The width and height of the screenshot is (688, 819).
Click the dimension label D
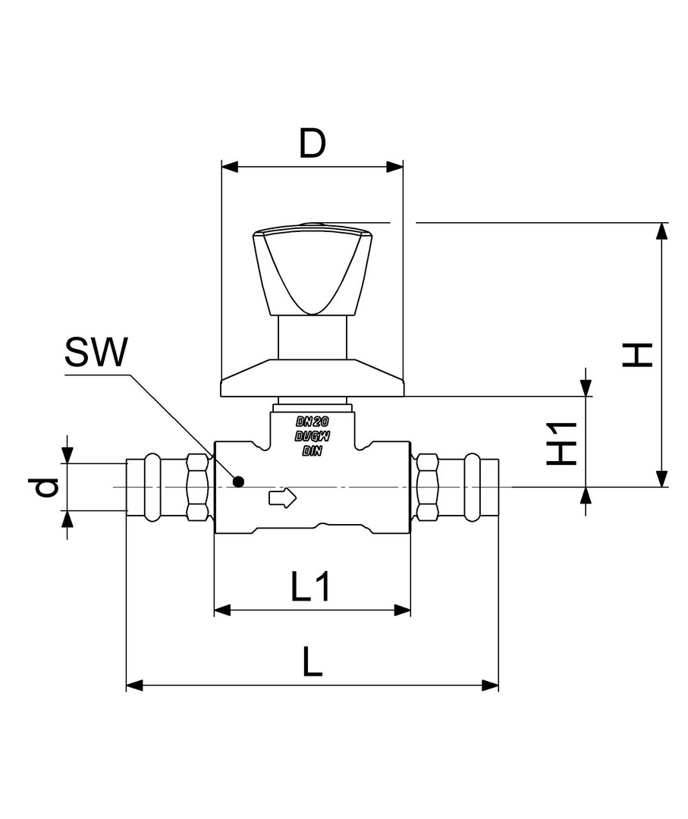(x=311, y=143)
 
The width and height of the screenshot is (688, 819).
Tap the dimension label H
(x=638, y=354)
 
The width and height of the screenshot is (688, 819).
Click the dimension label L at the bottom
(x=311, y=663)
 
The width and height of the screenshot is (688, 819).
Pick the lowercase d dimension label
(x=47, y=487)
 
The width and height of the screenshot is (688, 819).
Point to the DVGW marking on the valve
(x=312, y=436)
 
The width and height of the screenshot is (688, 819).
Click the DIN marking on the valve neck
(x=312, y=450)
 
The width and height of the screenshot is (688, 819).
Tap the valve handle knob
(x=311, y=269)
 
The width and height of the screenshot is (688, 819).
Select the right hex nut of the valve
(x=428, y=487)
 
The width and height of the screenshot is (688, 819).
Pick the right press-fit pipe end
(x=470, y=487)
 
